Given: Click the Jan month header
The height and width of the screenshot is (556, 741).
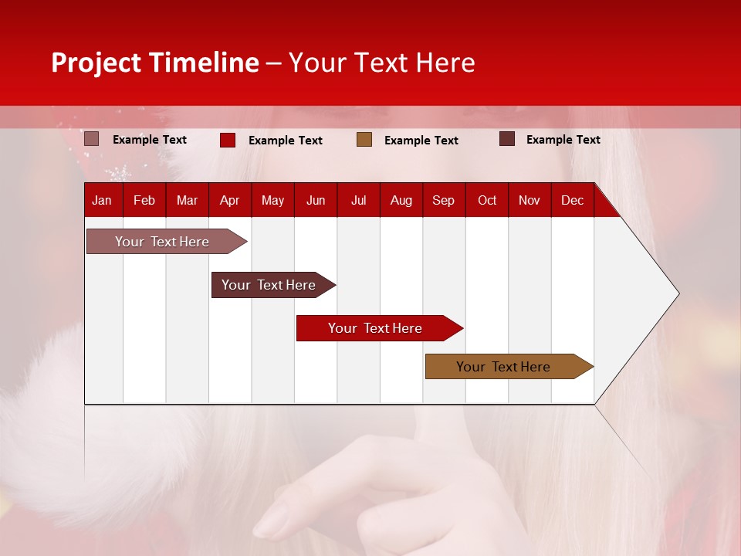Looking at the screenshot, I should pyautogui.click(x=102, y=200).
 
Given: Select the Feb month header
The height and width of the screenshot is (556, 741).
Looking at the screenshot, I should pyautogui.click(x=144, y=200).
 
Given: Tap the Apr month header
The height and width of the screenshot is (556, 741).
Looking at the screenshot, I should pyautogui.click(x=229, y=200).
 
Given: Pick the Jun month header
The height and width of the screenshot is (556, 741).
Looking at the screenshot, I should pyautogui.click(x=316, y=200).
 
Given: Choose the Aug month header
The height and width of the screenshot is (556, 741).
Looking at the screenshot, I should pyautogui.click(x=401, y=200).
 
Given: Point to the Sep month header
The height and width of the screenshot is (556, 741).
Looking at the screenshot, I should pyautogui.click(x=443, y=200).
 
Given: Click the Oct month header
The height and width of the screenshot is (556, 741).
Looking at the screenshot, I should pyautogui.click(x=487, y=200).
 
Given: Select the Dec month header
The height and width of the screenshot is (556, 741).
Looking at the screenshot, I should pyautogui.click(x=572, y=200).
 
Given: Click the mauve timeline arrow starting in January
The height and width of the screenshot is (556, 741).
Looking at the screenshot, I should pyautogui.click(x=163, y=242).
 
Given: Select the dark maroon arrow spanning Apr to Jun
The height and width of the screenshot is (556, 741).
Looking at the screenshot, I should pyautogui.click(x=269, y=285).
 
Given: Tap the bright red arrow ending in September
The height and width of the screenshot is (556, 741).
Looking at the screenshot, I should pyautogui.click(x=375, y=328).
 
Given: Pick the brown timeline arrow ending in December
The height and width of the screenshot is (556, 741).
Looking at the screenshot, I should pyautogui.click(x=503, y=367).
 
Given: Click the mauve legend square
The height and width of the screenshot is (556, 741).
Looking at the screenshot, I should pyautogui.click(x=92, y=139).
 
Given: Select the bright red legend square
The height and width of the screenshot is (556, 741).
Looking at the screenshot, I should pyautogui.click(x=228, y=140).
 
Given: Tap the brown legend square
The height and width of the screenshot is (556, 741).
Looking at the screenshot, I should pyautogui.click(x=364, y=140).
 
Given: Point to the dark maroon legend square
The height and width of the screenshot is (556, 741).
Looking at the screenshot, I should pyautogui.click(x=507, y=139).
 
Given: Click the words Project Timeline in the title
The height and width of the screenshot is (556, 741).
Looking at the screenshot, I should pyautogui.click(x=155, y=63).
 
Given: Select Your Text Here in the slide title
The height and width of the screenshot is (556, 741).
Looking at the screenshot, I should pyautogui.click(x=382, y=63).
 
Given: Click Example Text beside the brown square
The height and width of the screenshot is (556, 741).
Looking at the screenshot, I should pyautogui.click(x=421, y=141).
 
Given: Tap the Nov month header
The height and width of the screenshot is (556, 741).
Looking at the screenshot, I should pyautogui.click(x=530, y=200).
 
